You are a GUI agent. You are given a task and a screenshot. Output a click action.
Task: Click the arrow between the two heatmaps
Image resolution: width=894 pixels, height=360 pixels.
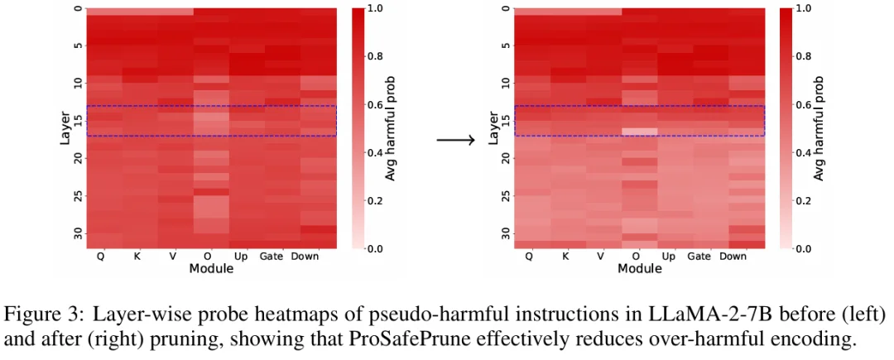tap(455, 140)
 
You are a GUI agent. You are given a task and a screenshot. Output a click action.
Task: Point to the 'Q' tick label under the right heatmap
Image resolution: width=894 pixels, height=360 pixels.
tap(529, 257)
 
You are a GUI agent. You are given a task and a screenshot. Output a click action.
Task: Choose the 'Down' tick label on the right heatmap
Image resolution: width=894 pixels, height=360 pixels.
tap(733, 257)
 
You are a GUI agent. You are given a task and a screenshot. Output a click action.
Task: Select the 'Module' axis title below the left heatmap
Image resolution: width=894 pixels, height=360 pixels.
tap(210, 269)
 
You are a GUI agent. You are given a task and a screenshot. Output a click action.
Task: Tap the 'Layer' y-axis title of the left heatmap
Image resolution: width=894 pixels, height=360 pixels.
tap(65, 128)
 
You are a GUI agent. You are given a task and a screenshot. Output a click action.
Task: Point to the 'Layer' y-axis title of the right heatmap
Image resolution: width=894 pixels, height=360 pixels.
tap(493, 128)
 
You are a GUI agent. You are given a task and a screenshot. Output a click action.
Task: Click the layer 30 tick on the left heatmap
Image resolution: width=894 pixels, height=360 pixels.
tap(78, 233)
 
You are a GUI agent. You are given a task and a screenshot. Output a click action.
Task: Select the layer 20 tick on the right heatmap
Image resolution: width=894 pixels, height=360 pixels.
tap(506, 158)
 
